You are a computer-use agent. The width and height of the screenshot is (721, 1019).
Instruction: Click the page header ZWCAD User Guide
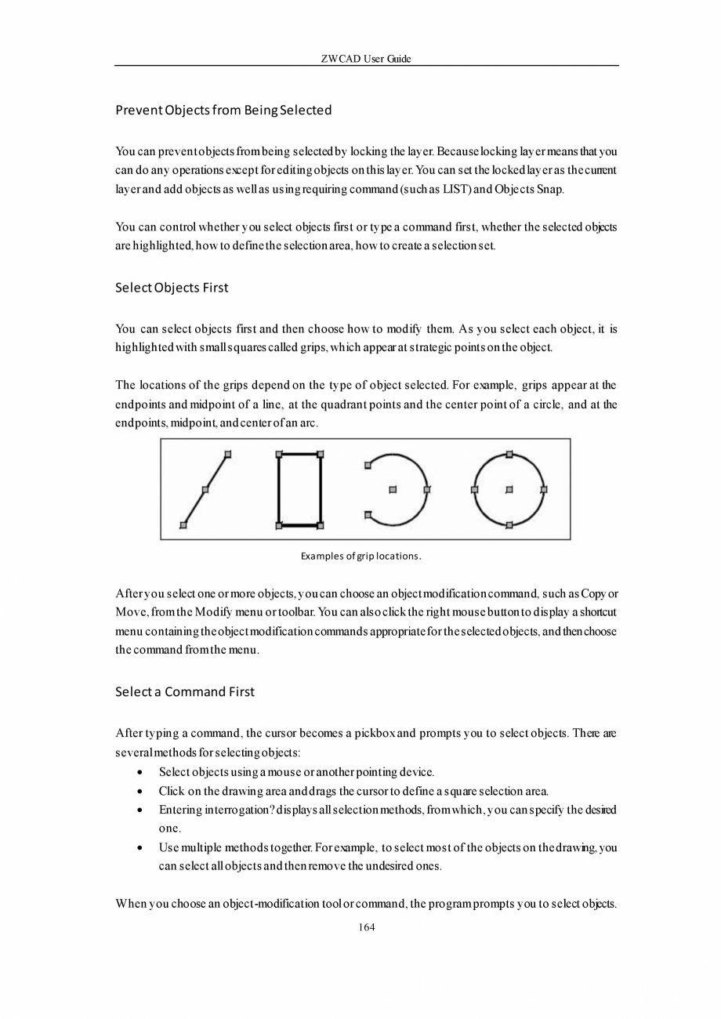(366, 59)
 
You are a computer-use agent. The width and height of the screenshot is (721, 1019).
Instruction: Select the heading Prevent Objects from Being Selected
(223, 110)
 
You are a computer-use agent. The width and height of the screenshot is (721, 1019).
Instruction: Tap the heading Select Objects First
(172, 288)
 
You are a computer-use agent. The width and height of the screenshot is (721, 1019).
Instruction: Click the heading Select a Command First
(185, 691)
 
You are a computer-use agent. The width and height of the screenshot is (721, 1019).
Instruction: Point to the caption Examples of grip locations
(361, 556)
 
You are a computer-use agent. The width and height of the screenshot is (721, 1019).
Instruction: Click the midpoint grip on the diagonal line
(205, 490)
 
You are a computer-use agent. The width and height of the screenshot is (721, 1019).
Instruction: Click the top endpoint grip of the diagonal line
(228, 454)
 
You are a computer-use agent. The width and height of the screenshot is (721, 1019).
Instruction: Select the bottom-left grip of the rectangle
(278, 525)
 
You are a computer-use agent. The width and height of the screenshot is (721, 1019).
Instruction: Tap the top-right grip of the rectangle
(321, 454)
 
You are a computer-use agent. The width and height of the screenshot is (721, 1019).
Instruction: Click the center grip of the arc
(393, 490)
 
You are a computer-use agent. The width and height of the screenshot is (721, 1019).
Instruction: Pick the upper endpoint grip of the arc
(368, 466)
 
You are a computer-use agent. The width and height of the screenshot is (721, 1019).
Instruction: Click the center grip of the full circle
(509, 490)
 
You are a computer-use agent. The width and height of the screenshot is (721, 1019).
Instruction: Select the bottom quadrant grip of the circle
(509, 525)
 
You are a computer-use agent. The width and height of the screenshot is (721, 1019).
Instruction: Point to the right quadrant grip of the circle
(544, 490)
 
